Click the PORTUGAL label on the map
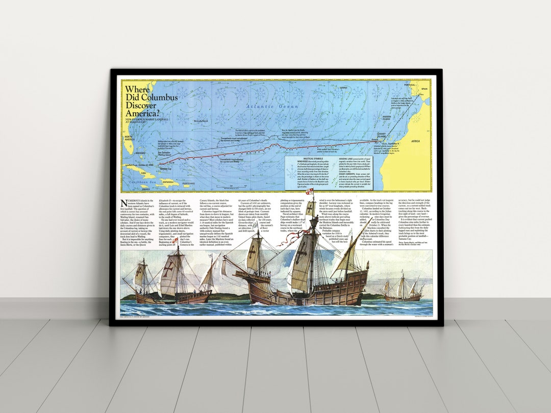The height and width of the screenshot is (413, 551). coord(410,85)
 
